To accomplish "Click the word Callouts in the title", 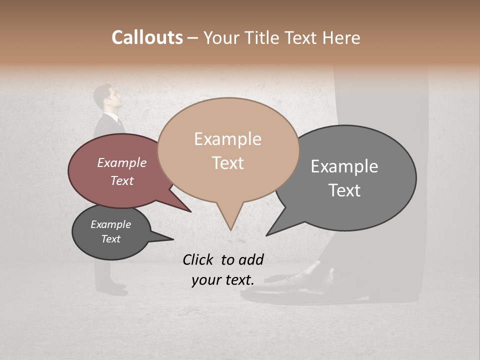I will pos(147,37).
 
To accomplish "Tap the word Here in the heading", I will pos(342,37).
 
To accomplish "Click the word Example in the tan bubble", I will pos(228,139).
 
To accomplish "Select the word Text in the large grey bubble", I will pos(344,190).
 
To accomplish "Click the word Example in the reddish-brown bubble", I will pos(122,162).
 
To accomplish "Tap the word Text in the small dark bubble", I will pos(111,239).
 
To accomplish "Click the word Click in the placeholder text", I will pos(198,259).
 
